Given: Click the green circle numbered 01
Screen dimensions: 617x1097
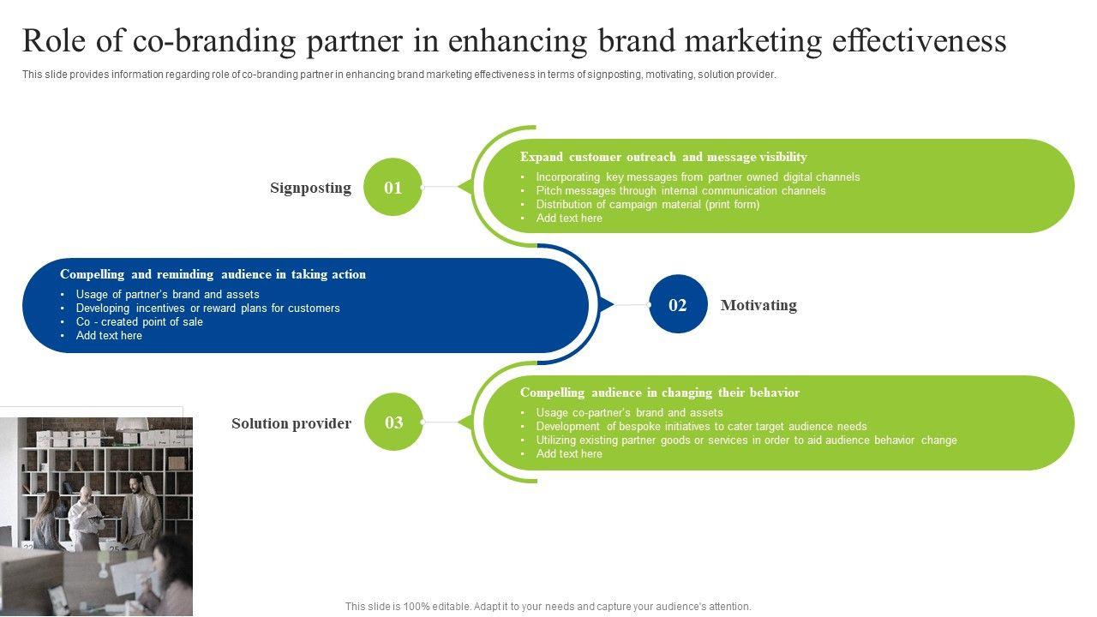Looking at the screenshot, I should pos(393,187).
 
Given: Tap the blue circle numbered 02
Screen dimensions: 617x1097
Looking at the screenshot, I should pos(678,304).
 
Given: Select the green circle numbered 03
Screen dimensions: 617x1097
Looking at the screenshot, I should pos(393,422).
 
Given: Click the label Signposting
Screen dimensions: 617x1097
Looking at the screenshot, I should pos(310,188).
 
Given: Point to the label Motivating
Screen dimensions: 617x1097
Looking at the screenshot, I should pos(758,305).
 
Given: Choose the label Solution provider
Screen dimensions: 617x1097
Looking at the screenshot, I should pos(291,423).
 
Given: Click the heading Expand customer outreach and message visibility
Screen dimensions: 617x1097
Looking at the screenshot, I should pos(663,157).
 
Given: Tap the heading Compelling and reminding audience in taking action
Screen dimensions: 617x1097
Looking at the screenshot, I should pos(213,274).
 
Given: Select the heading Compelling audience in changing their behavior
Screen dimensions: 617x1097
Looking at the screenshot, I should pos(659,392).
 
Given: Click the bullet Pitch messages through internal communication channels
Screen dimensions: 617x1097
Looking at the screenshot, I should pos(680,191).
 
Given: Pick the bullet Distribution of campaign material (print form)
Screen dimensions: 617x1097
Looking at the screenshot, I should pos(648,205).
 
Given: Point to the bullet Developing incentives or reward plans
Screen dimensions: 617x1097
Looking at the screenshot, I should pos(207,308).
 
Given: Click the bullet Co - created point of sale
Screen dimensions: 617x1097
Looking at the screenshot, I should pos(139,322).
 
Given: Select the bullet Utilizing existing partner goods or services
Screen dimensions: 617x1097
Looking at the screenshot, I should pos(746,440).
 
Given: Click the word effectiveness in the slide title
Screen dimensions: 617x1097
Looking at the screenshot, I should pos(919,40).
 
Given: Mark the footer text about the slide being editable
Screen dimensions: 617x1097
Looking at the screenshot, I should pos(548,607).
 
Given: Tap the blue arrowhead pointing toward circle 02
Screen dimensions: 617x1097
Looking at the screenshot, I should pos(607,304).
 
